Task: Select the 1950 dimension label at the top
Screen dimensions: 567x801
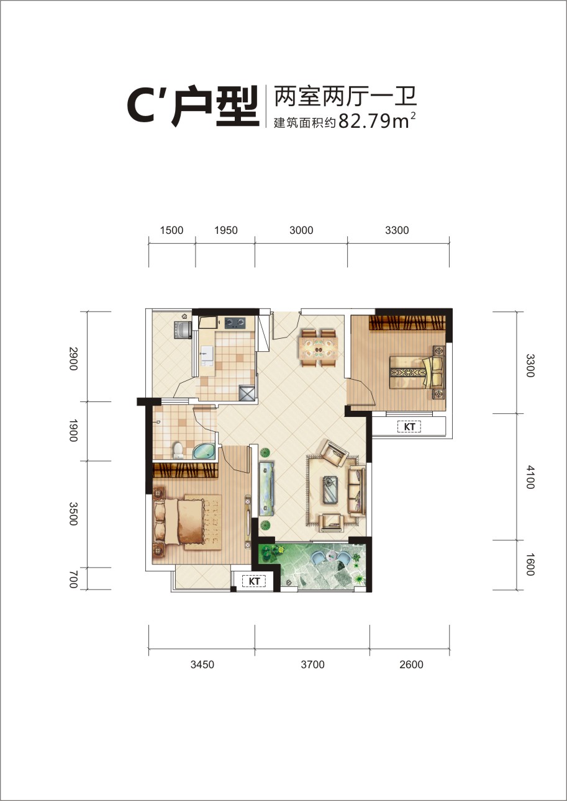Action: tap(226, 230)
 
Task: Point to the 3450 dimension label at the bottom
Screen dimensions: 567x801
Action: tap(202, 665)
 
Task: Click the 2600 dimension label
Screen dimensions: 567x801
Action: tap(411, 665)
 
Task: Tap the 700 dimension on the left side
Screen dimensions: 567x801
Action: tap(73, 579)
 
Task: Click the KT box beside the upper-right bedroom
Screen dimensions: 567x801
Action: tap(409, 427)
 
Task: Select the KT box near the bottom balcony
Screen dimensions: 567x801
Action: tap(254, 581)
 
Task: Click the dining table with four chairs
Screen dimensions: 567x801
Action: tap(319, 348)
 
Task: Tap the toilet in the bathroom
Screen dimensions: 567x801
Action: tap(178, 450)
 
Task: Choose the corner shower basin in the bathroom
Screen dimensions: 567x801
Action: tap(204, 452)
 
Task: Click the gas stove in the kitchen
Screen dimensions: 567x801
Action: tap(235, 323)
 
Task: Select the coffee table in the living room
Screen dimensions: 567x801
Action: tap(332, 490)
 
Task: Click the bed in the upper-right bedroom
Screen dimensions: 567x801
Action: tap(417, 372)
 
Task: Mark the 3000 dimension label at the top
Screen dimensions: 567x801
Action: tap(301, 230)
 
